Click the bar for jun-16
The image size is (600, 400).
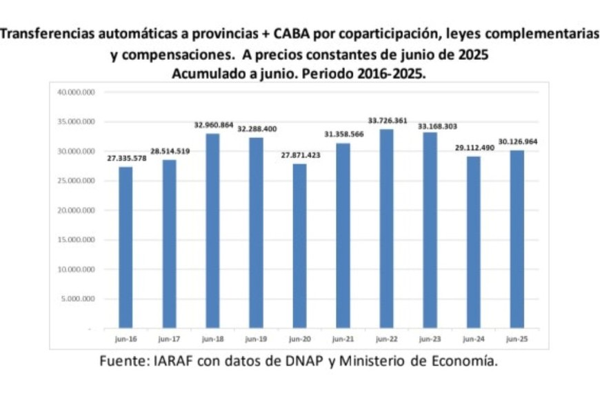click(x=125, y=248)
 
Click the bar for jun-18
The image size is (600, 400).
click(x=212, y=232)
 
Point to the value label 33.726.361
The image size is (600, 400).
click(x=386, y=121)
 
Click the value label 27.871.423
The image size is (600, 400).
click(x=299, y=155)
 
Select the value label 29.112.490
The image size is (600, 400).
click(x=473, y=148)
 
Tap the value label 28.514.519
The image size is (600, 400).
click(x=169, y=151)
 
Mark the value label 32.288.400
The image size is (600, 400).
click(x=257, y=129)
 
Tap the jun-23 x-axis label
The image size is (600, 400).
click(x=430, y=339)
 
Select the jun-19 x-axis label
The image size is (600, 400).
click(x=256, y=339)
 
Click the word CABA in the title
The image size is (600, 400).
click(x=292, y=34)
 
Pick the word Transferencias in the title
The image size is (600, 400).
click(x=46, y=34)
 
